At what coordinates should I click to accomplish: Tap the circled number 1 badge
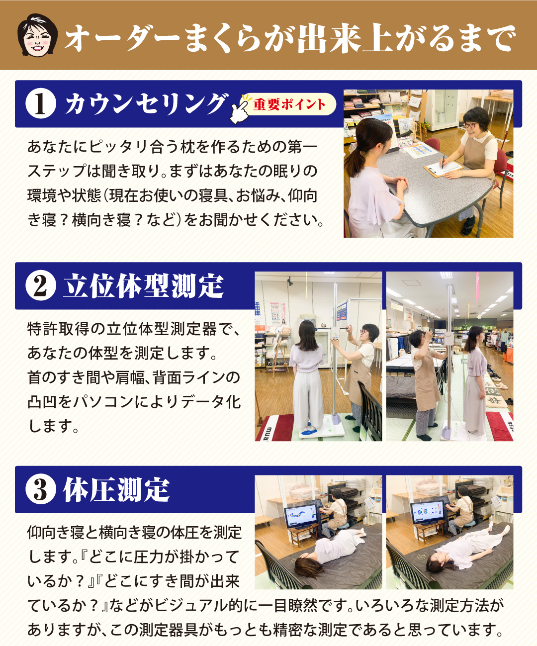[x=40, y=103]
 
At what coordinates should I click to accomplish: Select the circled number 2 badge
[x=40, y=285]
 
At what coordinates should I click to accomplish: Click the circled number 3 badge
[x=40, y=489]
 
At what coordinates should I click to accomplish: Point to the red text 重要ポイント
[x=289, y=104]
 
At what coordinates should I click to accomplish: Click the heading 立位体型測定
[x=143, y=286]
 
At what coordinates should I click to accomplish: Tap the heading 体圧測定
[x=117, y=489]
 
